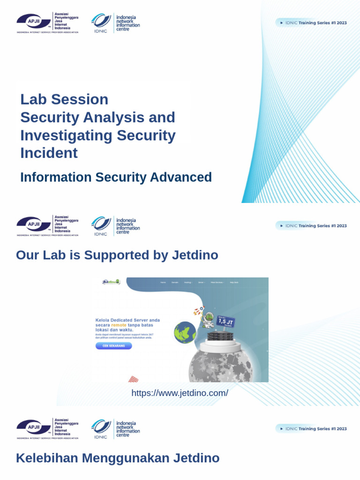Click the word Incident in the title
point(49,153)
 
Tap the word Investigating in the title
point(66,135)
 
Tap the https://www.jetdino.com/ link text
point(180,393)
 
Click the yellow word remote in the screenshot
point(119,325)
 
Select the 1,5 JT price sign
point(225,322)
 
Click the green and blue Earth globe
point(185,332)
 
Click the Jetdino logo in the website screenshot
point(111,282)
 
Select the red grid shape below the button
point(134,379)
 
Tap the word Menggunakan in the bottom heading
point(124,458)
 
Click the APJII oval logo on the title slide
point(34,22)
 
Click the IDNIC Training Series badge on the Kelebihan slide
point(312,428)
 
